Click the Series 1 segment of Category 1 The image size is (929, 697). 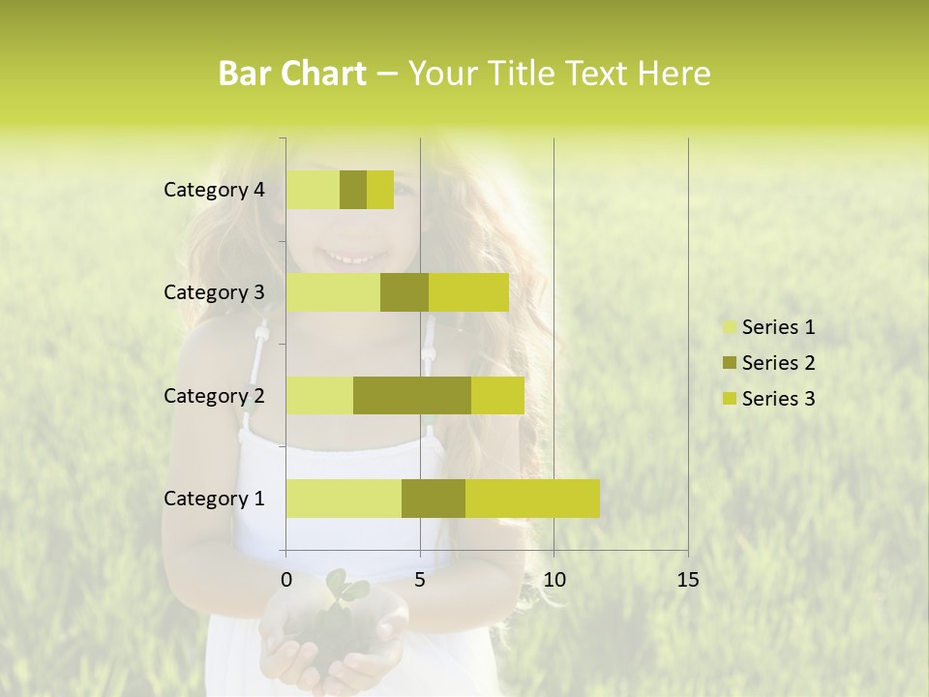coord(344,499)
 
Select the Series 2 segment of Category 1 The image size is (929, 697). coord(434,499)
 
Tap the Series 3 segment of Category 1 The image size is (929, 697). coord(532,499)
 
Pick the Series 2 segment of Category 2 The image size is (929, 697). coord(412,395)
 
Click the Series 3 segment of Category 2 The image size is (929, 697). coord(497,395)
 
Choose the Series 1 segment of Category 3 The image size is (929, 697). coord(333,292)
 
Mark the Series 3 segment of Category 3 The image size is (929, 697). coord(468,292)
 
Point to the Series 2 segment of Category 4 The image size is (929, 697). coord(353,190)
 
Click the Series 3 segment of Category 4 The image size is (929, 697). coord(380,190)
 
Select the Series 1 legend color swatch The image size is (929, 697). coord(729,327)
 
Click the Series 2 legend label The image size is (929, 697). coord(778,363)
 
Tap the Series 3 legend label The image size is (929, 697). coord(778,399)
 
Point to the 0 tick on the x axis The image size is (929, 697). coord(286,580)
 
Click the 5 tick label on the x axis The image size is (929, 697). coord(420,580)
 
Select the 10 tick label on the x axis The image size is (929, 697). coord(554,580)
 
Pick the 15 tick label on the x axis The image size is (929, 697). coord(687,580)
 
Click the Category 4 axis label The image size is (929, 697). coord(214,190)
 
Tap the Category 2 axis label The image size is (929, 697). coord(214,395)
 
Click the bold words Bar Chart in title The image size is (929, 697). coord(292,74)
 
